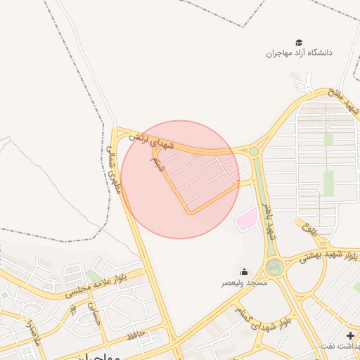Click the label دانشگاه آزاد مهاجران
299,53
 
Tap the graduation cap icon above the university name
299,43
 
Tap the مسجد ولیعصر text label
244,282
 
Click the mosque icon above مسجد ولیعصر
244,272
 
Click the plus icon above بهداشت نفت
350,335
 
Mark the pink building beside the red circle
246,220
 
